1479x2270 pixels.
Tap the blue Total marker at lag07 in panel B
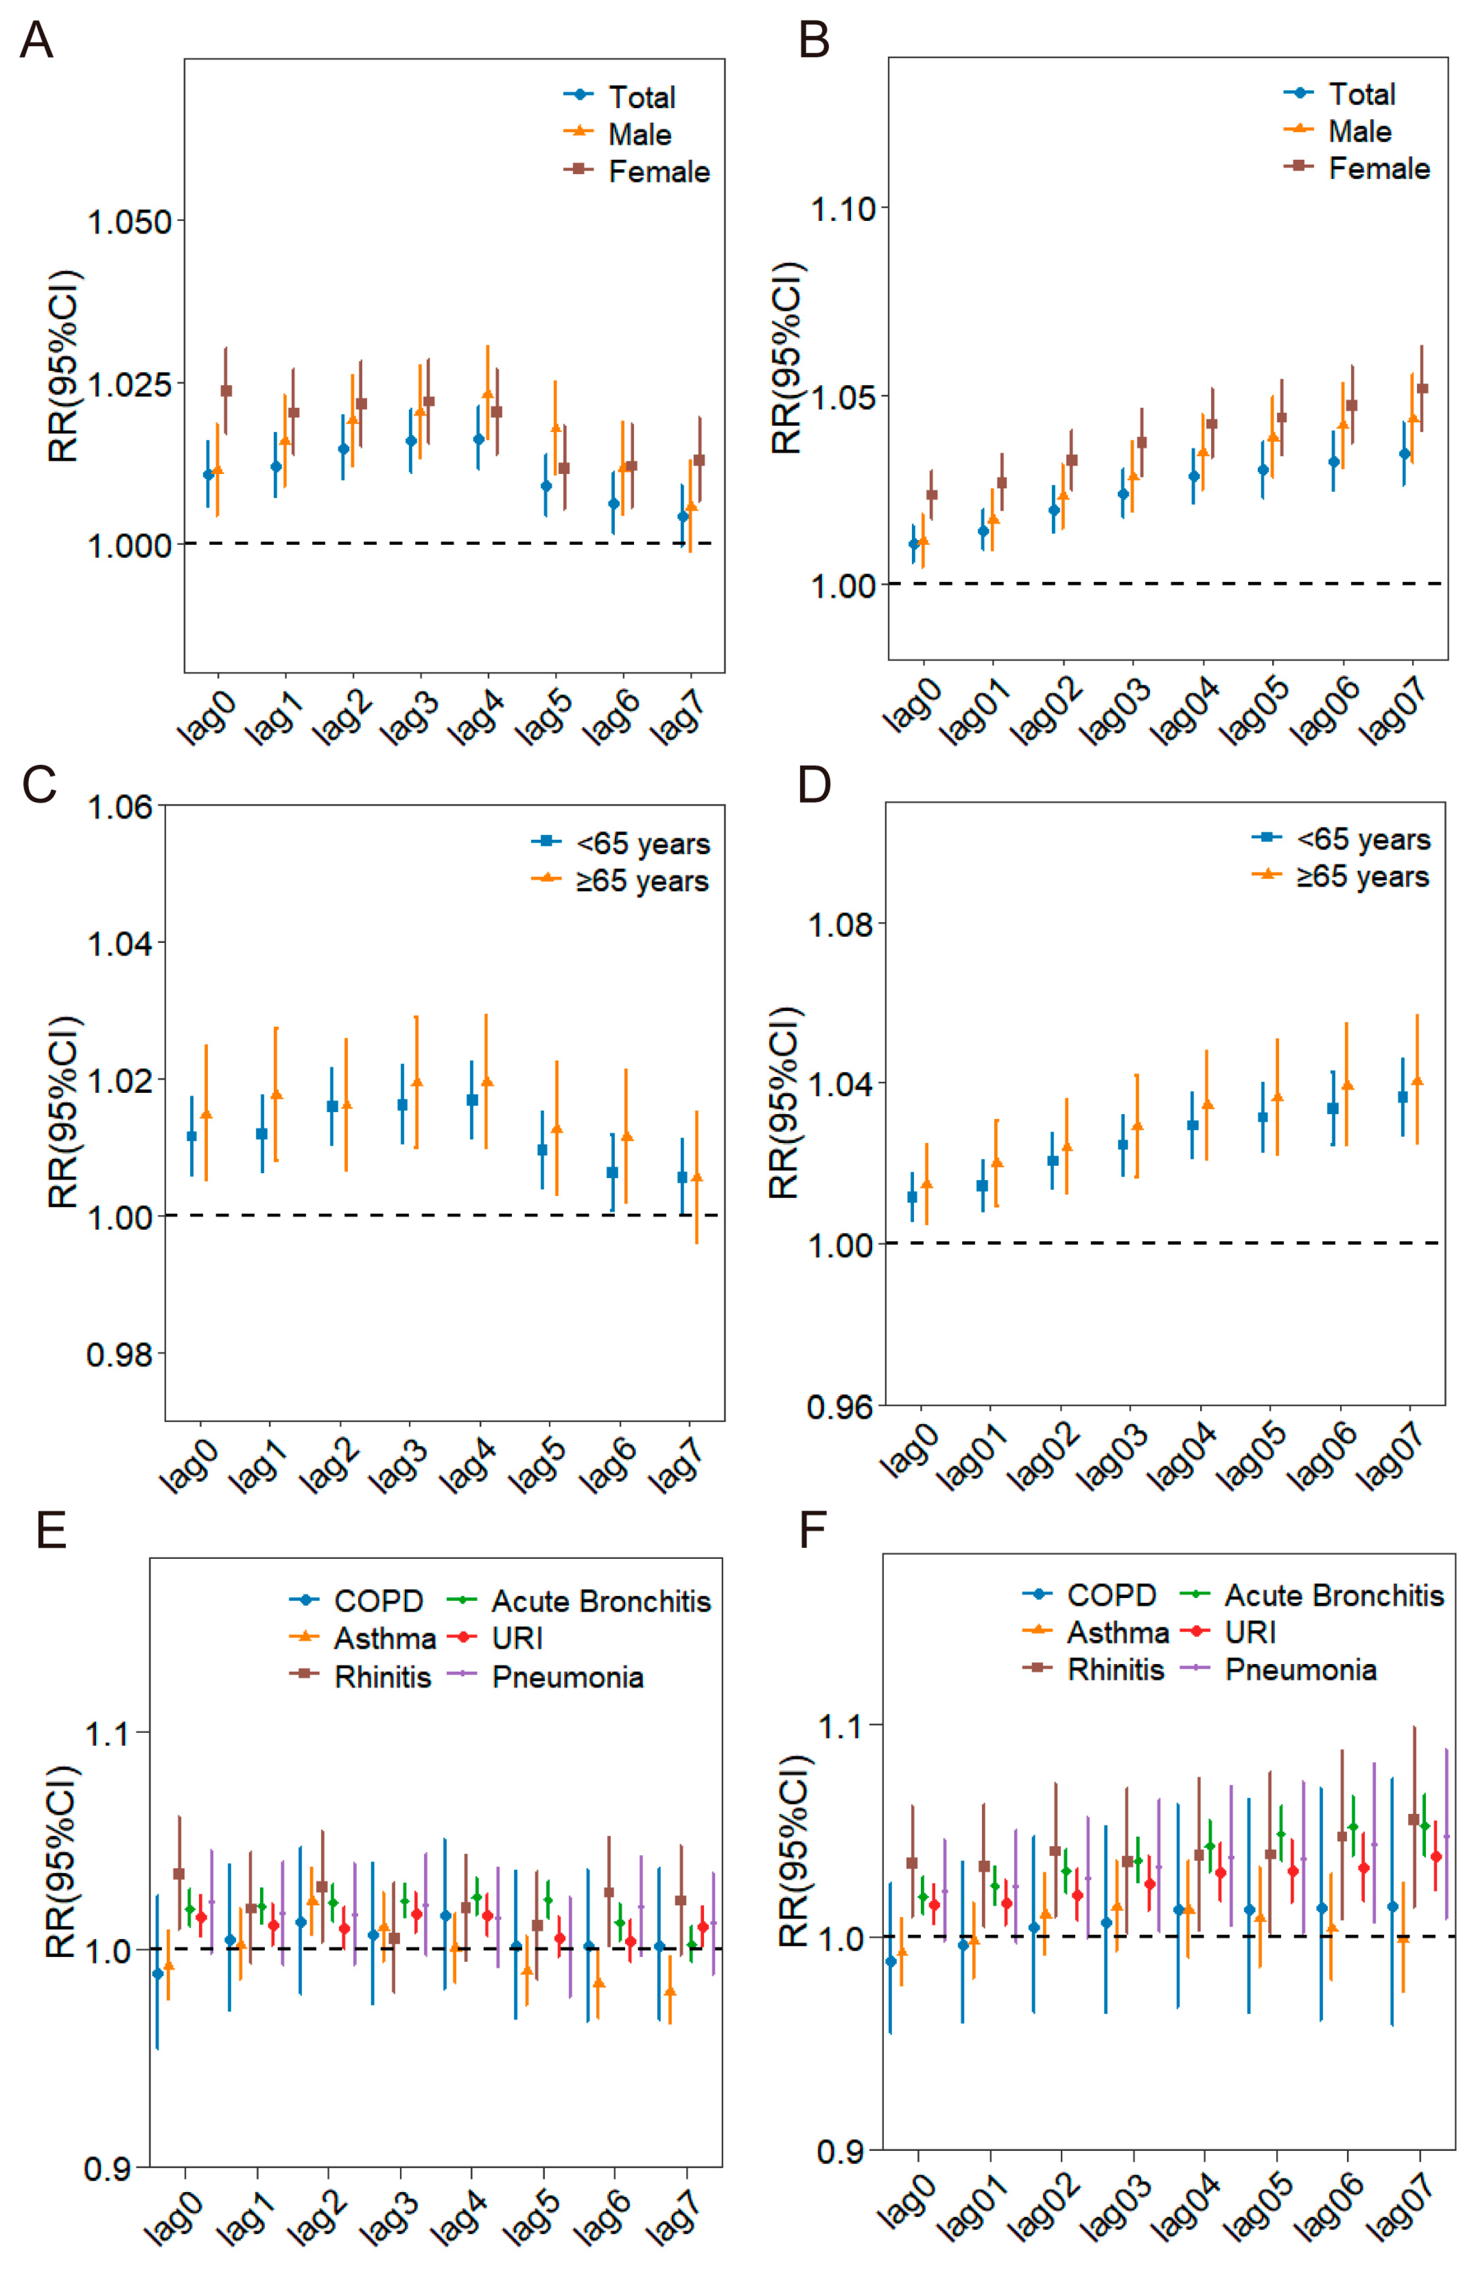tap(1404, 454)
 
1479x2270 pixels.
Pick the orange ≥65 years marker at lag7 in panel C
tap(697, 1177)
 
